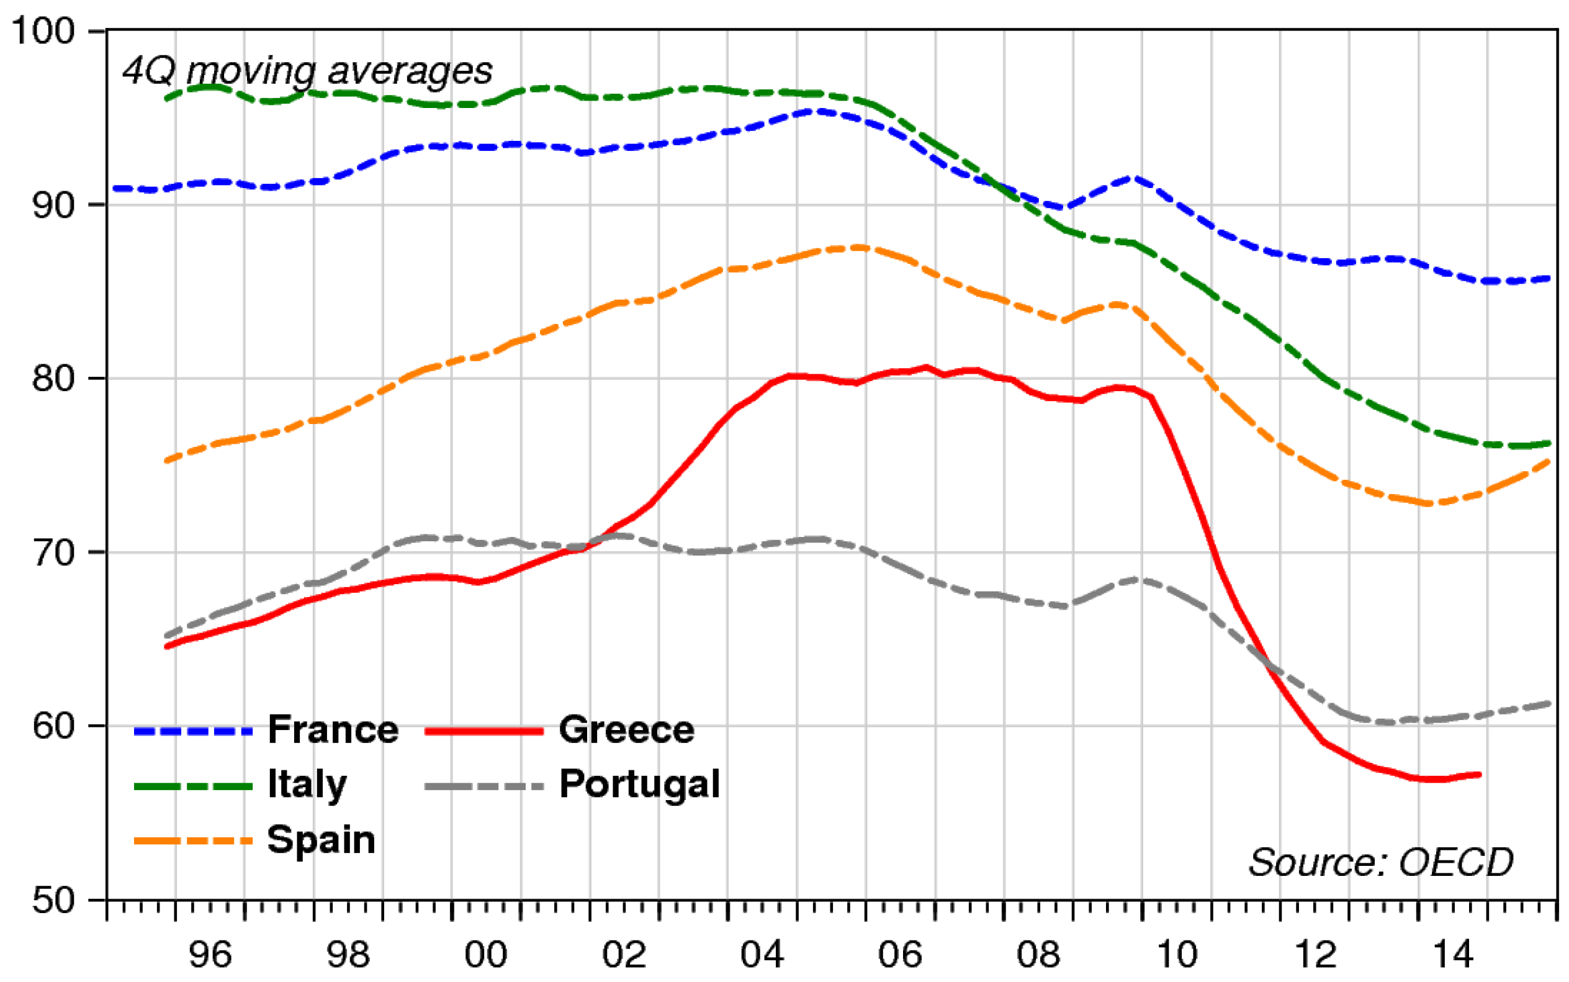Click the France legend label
click(x=333, y=729)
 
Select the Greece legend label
click(x=627, y=729)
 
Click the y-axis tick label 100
click(x=44, y=30)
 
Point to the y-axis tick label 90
click(x=52, y=205)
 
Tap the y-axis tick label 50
click(x=52, y=900)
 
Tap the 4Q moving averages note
click(x=307, y=70)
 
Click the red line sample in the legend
click(x=484, y=731)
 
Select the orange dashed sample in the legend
click(x=193, y=841)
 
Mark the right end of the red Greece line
click(x=1479, y=775)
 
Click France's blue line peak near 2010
click(x=1133, y=178)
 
